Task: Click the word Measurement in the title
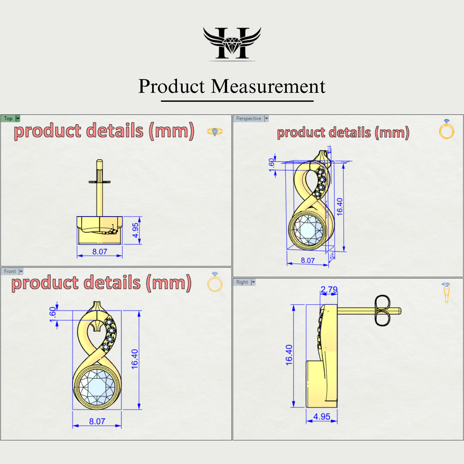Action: coord(268,87)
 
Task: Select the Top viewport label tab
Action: coord(8,118)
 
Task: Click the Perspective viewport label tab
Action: coord(249,118)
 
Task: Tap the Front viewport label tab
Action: coord(10,271)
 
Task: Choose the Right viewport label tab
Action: coord(242,282)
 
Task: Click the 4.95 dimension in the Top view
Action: coord(135,230)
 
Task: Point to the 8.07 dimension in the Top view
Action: coord(99,252)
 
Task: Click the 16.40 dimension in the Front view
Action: coord(134,359)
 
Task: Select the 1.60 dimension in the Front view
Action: coord(53,315)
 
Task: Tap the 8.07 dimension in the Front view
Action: coord(97,421)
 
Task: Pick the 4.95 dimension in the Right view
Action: coord(321,417)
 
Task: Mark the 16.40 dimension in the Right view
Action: coord(289,355)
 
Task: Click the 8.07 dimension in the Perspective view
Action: coord(308,261)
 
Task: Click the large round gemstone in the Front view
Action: coord(97,387)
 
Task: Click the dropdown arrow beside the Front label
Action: coord(21,271)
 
